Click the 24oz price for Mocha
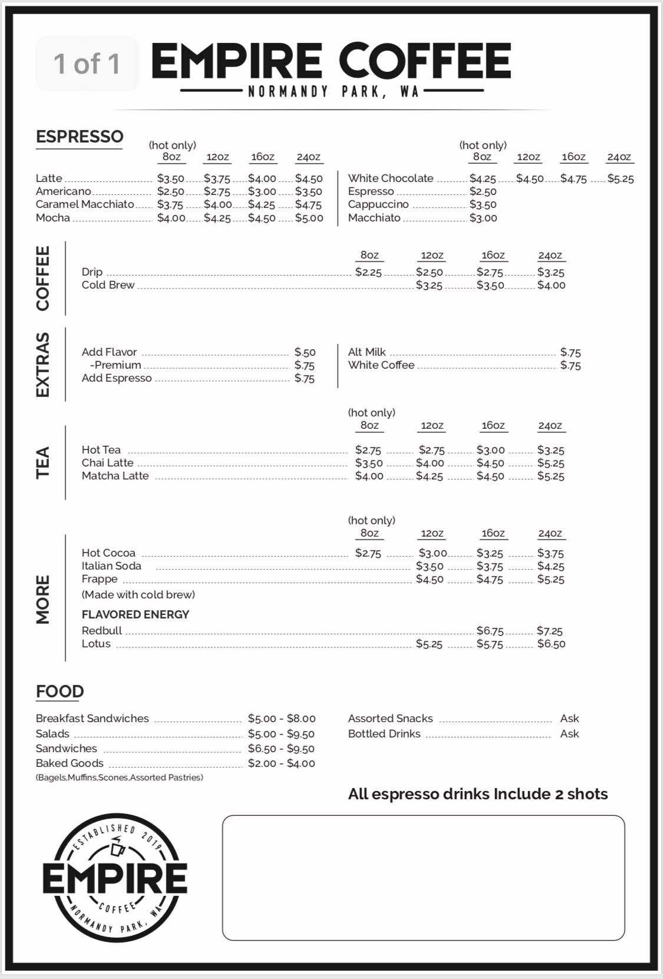click(x=309, y=218)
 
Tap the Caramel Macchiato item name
click(x=85, y=204)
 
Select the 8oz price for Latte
click(x=170, y=178)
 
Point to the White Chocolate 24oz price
click(x=620, y=178)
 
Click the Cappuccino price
click(x=483, y=205)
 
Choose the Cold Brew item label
click(x=108, y=285)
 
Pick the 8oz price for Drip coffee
click(x=368, y=272)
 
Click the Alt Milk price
click(x=570, y=352)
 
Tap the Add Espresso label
click(x=117, y=378)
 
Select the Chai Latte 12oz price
click(x=430, y=463)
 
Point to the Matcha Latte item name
click(x=115, y=476)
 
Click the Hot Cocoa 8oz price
click(x=368, y=554)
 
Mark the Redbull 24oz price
click(x=549, y=631)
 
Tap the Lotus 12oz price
click(x=428, y=644)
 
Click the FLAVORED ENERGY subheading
click(x=136, y=614)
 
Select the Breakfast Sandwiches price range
click(x=281, y=719)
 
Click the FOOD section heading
click(x=60, y=692)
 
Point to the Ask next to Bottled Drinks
click(x=569, y=734)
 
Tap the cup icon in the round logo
click(x=117, y=849)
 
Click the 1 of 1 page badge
click(x=87, y=64)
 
